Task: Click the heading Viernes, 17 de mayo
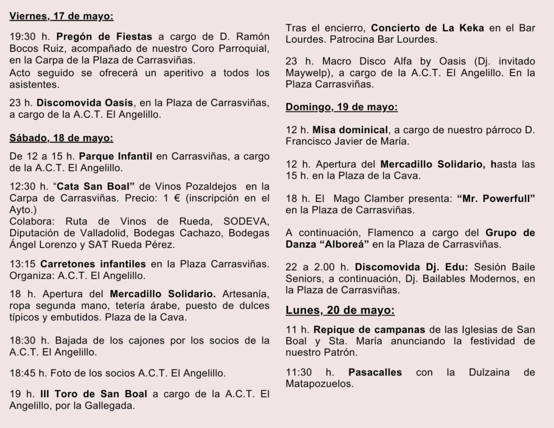[x=61, y=16]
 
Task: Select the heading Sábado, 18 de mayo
[x=61, y=137]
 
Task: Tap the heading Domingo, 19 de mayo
[x=341, y=107]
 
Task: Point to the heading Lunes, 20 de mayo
[x=340, y=311]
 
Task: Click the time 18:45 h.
[x=28, y=373]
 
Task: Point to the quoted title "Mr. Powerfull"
[x=496, y=198]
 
